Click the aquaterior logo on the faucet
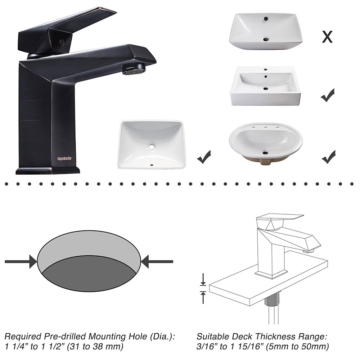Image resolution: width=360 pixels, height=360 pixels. pyautogui.click(x=64, y=158)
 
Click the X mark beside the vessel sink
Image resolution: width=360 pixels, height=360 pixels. pyautogui.click(x=327, y=37)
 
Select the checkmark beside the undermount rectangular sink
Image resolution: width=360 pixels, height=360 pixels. pyautogui.click(x=204, y=157)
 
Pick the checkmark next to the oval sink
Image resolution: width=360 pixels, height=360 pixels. pyautogui.click(x=329, y=157)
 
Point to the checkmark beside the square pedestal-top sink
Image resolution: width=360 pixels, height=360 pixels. pyautogui.click(x=328, y=95)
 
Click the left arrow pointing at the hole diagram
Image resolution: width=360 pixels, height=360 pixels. pyautogui.click(x=21, y=261)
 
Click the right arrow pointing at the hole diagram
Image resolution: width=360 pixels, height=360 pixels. pyautogui.click(x=157, y=261)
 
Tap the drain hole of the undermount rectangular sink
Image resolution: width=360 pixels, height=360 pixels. pyautogui.click(x=152, y=147)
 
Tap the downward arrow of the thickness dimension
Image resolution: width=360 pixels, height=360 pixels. pyautogui.click(x=203, y=279)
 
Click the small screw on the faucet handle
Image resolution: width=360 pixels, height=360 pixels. pyautogui.click(x=60, y=42)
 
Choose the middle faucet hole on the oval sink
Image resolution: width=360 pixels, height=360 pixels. pyautogui.click(x=266, y=127)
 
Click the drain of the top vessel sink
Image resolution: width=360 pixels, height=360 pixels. pyautogui.click(x=266, y=40)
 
